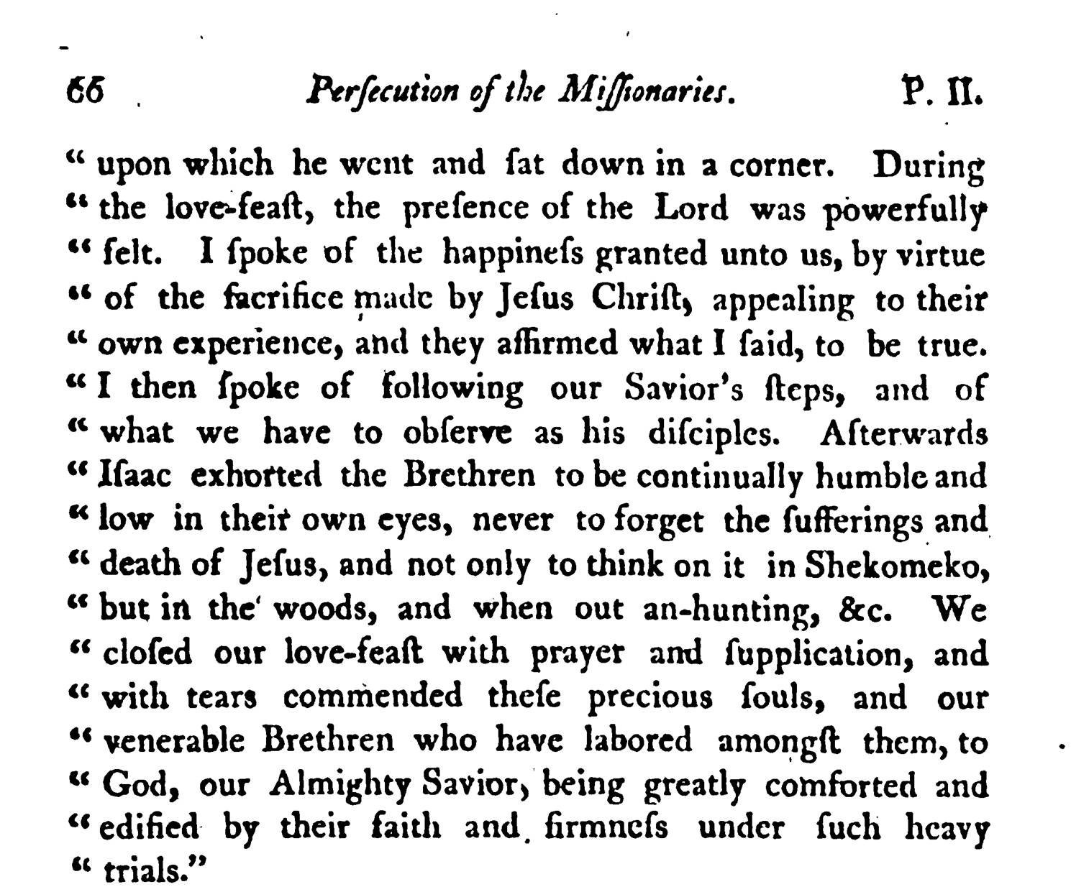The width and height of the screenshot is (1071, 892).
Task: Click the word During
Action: point(928,167)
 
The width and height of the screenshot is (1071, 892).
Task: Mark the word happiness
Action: point(514,254)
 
